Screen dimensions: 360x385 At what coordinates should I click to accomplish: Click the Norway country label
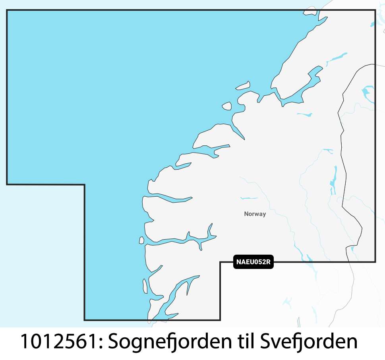[255, 214]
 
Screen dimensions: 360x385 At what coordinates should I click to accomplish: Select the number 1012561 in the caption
[58, 342]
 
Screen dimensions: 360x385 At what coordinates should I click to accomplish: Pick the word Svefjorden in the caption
[309, 342]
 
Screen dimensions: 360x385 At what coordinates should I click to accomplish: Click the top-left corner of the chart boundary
[7, 10]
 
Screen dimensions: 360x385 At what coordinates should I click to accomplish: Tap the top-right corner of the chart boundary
[375, 10]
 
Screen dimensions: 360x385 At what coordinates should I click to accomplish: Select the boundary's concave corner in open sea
[85, 184]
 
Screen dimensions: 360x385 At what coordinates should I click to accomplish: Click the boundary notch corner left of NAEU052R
[221, 262]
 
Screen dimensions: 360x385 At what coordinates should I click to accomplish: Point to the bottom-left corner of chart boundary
[85, 320]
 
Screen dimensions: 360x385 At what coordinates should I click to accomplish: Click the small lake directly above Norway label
[249, 198]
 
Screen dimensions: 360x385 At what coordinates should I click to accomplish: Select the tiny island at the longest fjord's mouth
[141, 240]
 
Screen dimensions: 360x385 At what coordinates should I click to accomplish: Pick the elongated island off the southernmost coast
[145, 285]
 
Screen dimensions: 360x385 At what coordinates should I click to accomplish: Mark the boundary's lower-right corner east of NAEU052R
[375, 262]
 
